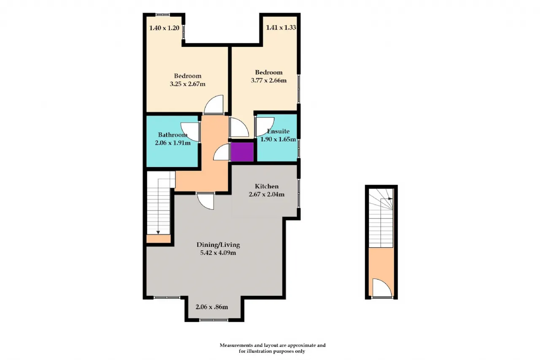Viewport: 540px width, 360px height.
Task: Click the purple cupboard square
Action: tap(242, 152)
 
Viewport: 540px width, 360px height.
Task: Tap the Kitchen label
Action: tap(267, 186)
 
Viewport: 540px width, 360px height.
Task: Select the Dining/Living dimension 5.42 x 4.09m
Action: tap(218, 253)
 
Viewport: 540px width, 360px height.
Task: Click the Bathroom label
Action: tap(173, 135)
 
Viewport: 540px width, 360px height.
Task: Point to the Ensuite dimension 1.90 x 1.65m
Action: tap(278, 139)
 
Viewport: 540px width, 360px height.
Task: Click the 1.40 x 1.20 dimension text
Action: tap(164, 28)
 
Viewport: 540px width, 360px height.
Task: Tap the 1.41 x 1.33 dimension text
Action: tap(281, 27)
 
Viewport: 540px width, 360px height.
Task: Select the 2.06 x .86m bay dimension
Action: tap(212, 307)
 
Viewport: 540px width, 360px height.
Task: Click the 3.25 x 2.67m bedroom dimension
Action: tap(188, 84)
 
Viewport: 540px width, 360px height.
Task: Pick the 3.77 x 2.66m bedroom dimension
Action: tap(269, 80)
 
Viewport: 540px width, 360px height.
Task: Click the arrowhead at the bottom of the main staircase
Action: tap(158, 233)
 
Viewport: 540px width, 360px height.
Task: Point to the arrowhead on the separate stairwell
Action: tap(390, 199)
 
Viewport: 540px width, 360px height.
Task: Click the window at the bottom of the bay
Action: tap(214, 320)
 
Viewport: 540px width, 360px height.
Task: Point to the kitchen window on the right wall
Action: tap(299, 193)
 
